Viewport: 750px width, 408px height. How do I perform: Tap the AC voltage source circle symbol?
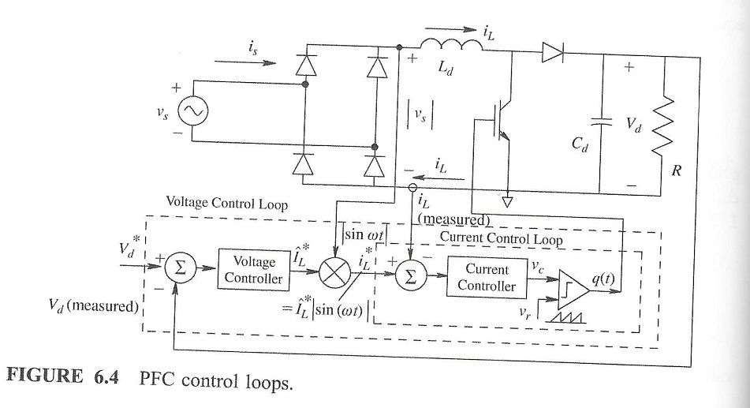click(x=192, y=113)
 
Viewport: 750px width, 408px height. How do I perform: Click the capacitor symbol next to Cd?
click(x=603, y=123)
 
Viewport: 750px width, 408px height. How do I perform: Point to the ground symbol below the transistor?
click(x=506, y=200)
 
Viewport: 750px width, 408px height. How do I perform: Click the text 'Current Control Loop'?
click(x=496, y=237)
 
